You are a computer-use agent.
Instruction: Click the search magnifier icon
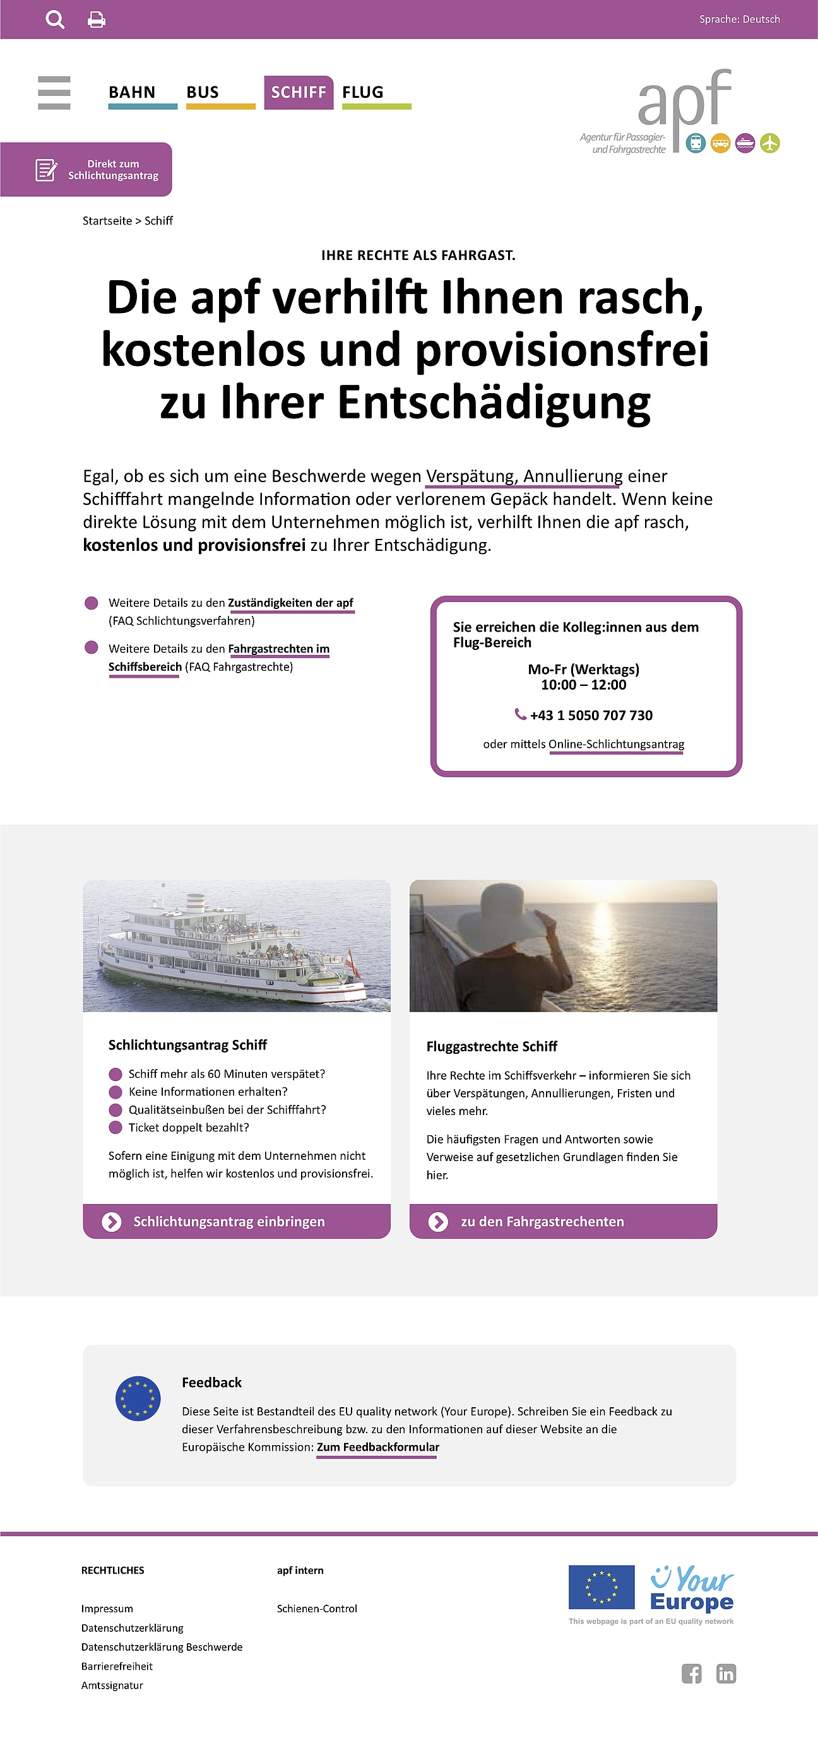[55, 20]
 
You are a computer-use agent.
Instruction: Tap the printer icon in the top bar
[97, 20]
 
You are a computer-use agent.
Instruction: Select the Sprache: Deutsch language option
[739, 20]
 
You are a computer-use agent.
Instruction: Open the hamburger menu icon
[54, 93]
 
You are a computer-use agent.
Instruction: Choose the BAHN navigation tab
[133, 93]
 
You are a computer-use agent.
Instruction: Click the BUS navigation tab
[203, 93]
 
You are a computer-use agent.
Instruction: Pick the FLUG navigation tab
[363, 93]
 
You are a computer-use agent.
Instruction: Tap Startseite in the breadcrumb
[107, 221]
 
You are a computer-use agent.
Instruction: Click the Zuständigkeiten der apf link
[291, 603]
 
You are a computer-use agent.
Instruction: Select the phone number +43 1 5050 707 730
[591, 715]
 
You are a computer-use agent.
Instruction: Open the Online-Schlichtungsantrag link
[616, 744]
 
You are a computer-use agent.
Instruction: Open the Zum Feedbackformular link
[378, 1447]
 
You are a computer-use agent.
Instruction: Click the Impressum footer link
[107, 1608]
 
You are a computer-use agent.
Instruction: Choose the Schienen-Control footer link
[316, 1608]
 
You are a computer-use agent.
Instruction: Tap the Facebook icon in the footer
[691, 1673]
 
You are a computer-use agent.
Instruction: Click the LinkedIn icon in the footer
[726, 1673]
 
